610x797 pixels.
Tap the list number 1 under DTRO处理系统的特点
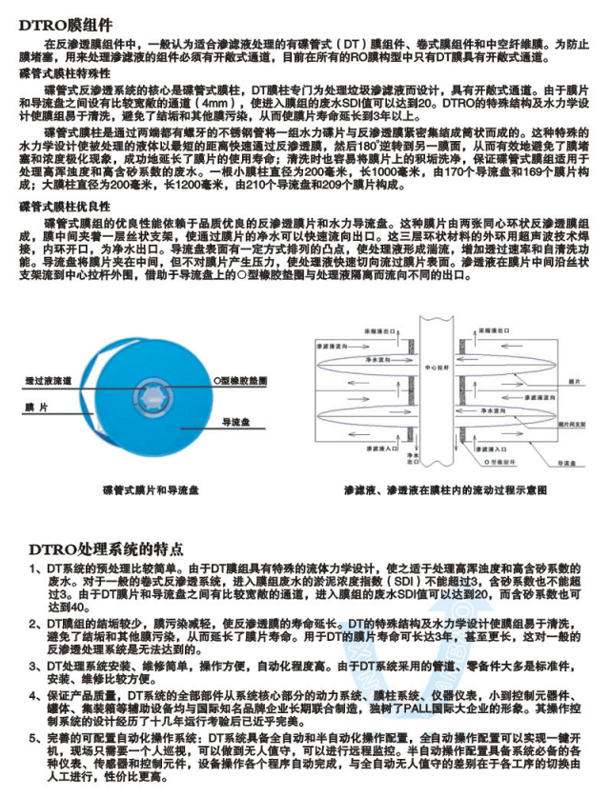(34, 568)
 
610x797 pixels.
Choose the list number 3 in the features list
(34, 665)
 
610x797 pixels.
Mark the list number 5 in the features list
(34, 738)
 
